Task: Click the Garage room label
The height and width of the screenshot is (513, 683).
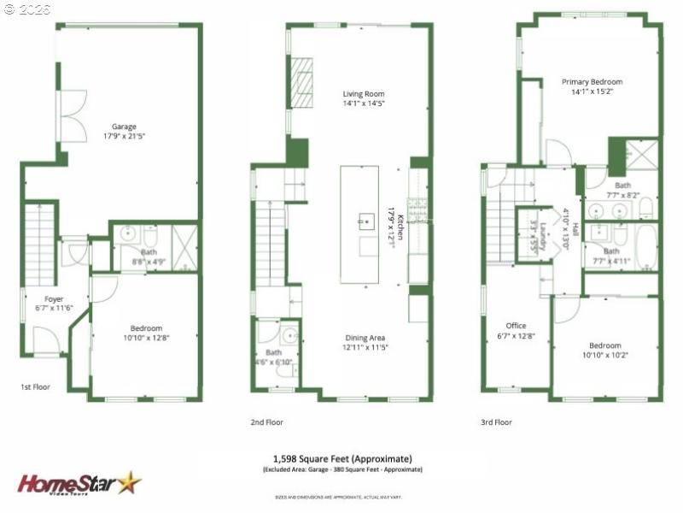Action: [124, 127]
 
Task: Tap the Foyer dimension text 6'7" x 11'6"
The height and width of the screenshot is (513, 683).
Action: [54, 309]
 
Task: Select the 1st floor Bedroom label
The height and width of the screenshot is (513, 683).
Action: [144, 328]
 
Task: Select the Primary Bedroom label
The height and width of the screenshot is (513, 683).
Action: [592, 82]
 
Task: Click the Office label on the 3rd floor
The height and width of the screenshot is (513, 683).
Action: [516, 325]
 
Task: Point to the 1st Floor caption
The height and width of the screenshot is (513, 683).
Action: [35, 387]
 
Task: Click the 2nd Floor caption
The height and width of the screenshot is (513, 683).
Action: [267, 422]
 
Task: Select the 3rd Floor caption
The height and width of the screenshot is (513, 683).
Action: [496, 422]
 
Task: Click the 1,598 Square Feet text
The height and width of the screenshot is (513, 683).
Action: [341, 457]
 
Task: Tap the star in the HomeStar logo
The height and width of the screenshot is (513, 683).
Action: [130, 483]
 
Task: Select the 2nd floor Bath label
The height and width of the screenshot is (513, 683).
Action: [273, 352]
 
